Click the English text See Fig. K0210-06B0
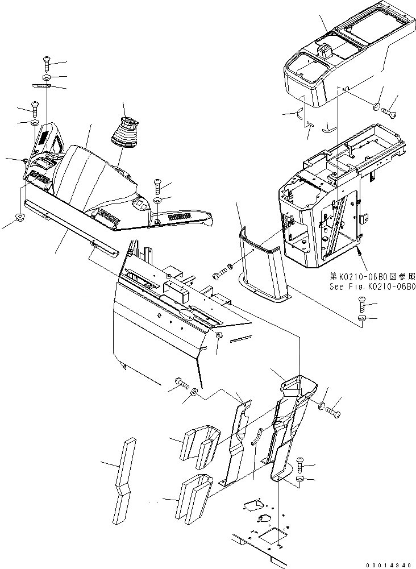(x=372, y=286)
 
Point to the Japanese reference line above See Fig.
(x=372, y=277)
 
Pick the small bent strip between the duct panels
(x=256, y=436)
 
